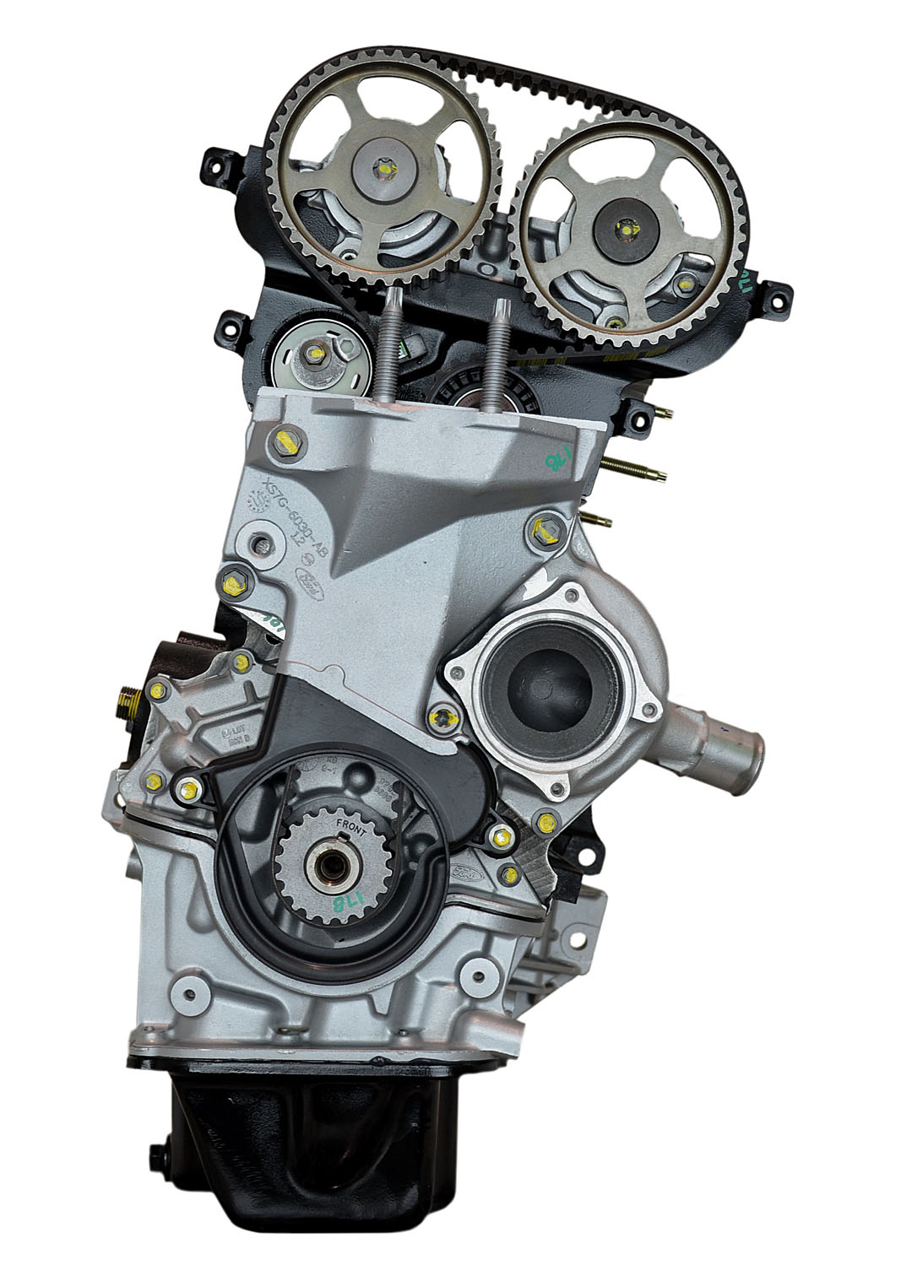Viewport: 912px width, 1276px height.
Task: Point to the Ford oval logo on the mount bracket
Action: [311, 581]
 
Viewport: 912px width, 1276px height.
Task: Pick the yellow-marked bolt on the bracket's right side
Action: [540, 530]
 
